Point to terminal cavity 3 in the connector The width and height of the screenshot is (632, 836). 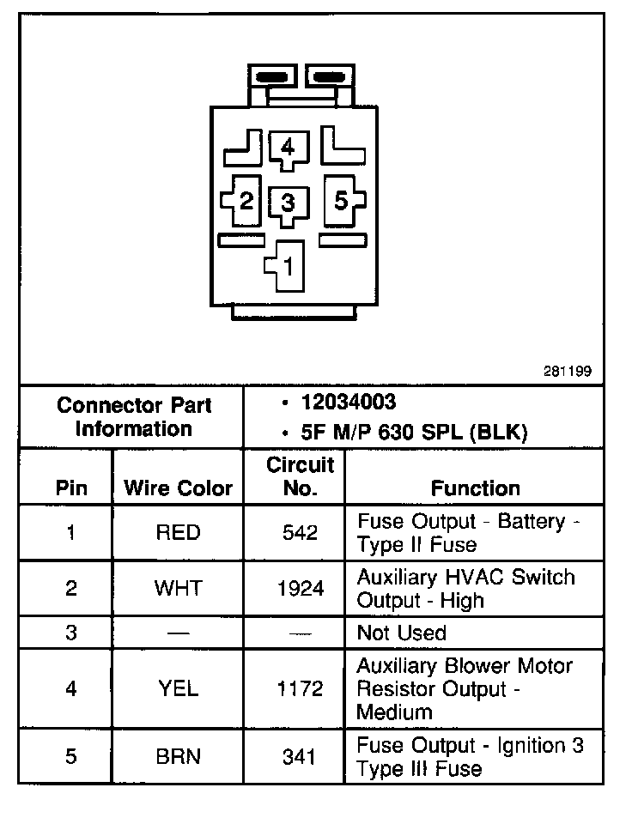[288, 203]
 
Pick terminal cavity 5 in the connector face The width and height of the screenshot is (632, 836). [341, 202]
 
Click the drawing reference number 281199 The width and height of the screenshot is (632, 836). [567, 372]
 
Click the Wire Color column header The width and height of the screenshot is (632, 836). [179, 488]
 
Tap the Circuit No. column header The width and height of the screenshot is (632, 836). [300, 477]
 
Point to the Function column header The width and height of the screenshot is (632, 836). [476, 488]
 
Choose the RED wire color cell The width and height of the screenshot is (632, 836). [178, 533]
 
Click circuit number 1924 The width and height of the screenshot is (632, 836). [300, 589]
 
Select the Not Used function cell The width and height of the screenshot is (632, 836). [402, 633]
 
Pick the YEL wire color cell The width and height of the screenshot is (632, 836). [178, 688]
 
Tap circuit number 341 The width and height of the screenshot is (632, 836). [300, 758]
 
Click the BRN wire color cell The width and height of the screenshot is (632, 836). [178, 758]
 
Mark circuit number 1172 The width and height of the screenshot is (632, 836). [300, 688]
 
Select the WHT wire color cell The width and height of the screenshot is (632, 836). [178, 589]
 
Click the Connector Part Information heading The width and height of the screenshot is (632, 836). [133, 417]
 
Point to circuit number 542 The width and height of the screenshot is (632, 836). [300, 533]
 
